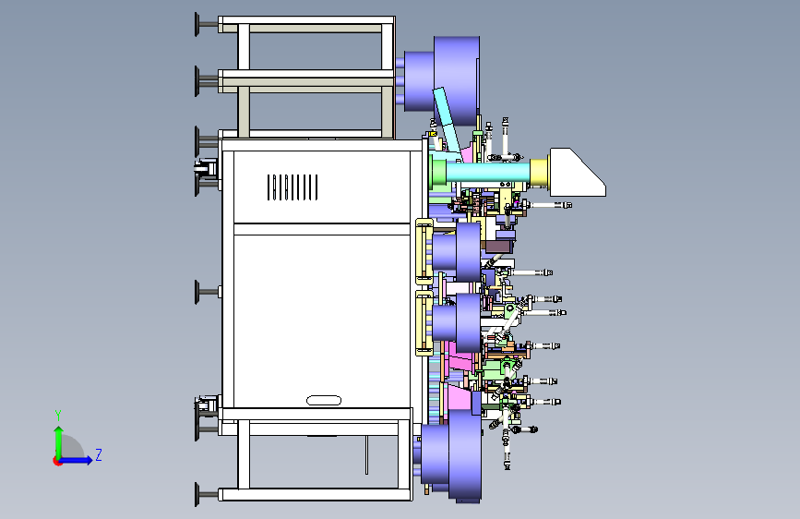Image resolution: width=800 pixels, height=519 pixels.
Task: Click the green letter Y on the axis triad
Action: point(58,416)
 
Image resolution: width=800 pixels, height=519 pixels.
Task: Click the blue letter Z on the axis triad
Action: point(99,454)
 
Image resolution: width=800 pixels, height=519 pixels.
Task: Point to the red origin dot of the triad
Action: point(57,461)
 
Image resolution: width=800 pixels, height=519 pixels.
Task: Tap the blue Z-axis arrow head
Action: point(89,460)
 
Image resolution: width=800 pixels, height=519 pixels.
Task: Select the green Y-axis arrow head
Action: point(59,431)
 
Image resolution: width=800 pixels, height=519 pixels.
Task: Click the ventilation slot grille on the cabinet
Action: point(293,187)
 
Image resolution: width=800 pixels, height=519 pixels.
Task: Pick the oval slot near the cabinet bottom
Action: point(324,401)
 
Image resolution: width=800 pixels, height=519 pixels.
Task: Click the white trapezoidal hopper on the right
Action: point(577,172)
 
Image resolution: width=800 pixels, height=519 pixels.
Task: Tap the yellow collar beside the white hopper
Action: point(539,173)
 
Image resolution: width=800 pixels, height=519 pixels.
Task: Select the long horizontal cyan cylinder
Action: point(488,172)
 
